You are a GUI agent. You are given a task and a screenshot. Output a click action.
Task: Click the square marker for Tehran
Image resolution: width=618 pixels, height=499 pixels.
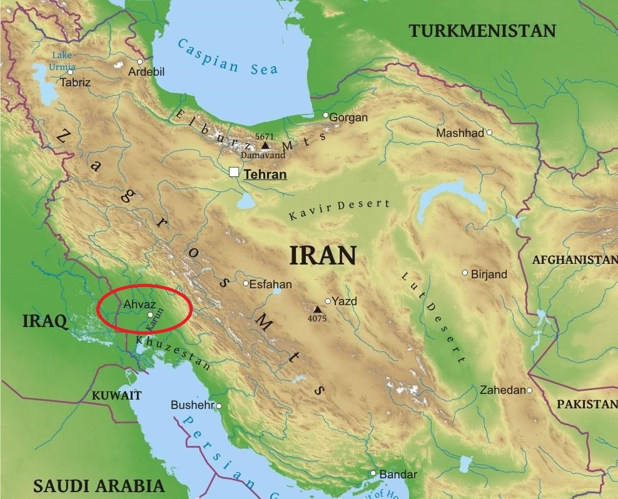(x=234, y=172)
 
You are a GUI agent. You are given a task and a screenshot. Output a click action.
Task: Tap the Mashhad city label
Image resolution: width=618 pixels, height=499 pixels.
(x=460, y=133)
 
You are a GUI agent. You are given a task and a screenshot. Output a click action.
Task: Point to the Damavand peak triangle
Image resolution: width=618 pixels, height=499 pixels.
(x=265, y=145)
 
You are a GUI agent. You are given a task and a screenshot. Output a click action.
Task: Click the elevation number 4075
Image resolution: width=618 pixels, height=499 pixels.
(x=317, y=318)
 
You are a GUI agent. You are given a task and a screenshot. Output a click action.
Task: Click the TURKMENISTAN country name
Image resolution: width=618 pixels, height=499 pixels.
(x=482, y=31)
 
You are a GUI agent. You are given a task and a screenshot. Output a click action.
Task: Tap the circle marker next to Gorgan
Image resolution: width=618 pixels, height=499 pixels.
(x=325, y=115)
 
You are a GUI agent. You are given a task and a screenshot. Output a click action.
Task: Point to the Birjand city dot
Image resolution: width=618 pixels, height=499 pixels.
(x=465, y=273)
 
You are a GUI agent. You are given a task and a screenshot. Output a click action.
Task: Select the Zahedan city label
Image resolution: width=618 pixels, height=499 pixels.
(x=502, y=390)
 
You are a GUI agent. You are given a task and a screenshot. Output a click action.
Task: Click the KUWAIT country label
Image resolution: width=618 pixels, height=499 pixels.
(x=116, y=395)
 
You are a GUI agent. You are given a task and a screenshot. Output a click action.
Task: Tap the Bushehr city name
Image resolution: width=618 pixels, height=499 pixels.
(x=192, y=406)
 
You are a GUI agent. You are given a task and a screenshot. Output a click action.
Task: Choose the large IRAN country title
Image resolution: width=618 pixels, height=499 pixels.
(x=323, y=256)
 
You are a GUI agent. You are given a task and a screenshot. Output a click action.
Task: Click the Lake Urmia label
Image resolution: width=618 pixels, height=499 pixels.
(x=63, y=61)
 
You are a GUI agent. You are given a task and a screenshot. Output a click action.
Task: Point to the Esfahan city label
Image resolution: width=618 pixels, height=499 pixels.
(x=270, y=283)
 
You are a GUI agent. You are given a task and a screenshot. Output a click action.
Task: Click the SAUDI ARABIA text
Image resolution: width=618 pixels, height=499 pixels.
(x=99, y=485)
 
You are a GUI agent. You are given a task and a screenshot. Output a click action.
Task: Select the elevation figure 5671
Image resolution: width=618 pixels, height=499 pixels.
(x=265, y=136)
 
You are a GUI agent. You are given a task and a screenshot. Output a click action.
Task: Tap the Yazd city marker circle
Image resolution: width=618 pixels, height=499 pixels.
(x=328, y=301)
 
